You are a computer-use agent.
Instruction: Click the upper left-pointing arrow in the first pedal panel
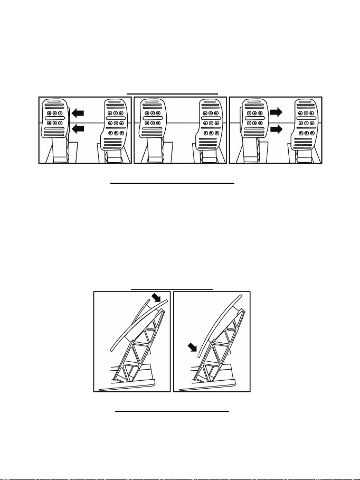point(77,112)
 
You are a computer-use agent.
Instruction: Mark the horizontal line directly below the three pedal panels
point(173,184)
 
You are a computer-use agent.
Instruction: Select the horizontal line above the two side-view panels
point(172,289)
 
